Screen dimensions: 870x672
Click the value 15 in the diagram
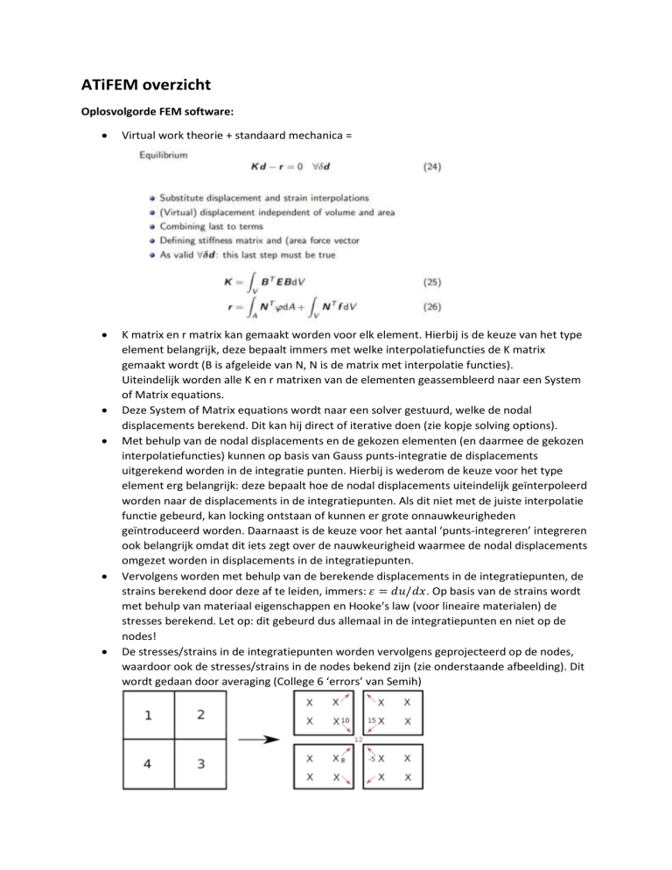tap(370, 720)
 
